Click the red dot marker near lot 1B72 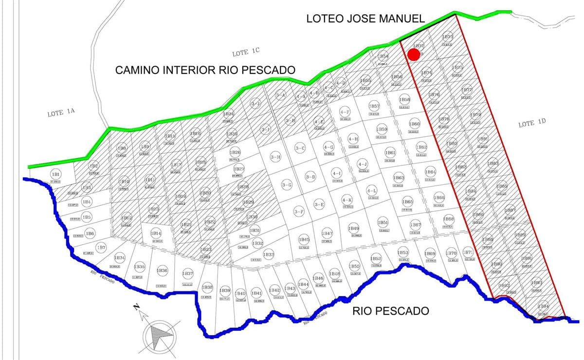414,54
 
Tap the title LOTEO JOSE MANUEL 365,19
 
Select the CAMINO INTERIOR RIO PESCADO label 205,70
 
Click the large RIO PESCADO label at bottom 391,311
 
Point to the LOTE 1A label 61,114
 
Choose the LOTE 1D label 533,124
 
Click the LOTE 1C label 246,53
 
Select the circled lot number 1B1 55,174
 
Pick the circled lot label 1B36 163,270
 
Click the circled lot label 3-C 300,148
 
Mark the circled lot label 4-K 347,200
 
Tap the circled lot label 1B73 448,37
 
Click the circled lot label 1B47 327,234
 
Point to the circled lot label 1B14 156,234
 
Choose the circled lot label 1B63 399,179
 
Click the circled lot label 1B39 225,290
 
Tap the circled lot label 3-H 275,157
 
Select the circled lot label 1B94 544,306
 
